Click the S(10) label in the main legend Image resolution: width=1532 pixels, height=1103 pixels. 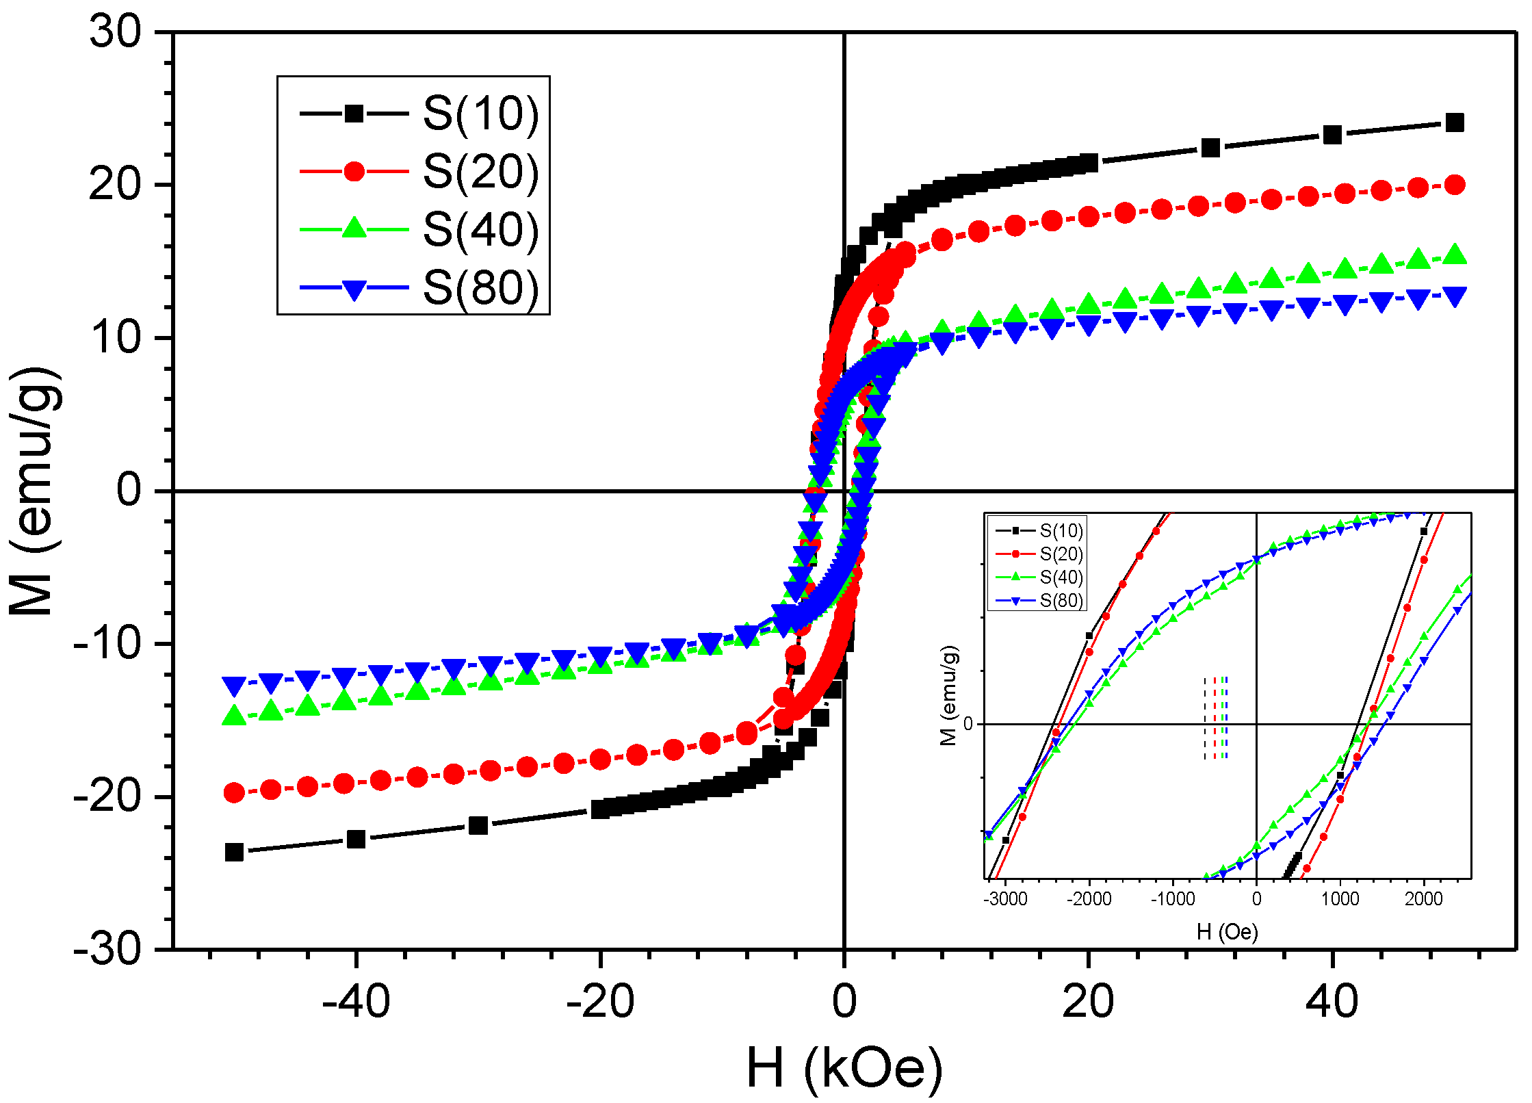point(480,113)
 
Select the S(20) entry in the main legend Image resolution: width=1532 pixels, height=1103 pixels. point(480,171)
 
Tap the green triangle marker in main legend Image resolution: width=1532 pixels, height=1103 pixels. point(354,228)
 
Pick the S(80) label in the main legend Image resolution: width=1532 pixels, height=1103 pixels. point(480,287)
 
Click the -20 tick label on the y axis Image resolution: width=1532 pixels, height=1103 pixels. point(107,796)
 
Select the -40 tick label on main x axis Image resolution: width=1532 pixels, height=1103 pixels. point(356,1002)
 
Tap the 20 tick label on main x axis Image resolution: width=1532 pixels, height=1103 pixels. point(1088,1002)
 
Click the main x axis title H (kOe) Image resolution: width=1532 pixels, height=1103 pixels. point(844,1068)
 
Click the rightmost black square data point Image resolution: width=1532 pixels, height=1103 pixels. point(1455,123)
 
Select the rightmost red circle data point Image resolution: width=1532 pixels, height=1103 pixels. point(1455,185)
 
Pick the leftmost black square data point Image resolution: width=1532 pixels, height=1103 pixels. point(234,852)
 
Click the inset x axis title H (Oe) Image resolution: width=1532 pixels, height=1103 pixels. point(1227,931)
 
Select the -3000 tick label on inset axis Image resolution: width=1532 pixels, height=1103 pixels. point(1005,898)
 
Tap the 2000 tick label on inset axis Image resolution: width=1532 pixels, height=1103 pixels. point(1423,898)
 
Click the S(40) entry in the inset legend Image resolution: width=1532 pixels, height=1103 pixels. point(1061,577)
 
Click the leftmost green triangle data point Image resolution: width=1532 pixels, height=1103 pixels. point(234,716)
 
